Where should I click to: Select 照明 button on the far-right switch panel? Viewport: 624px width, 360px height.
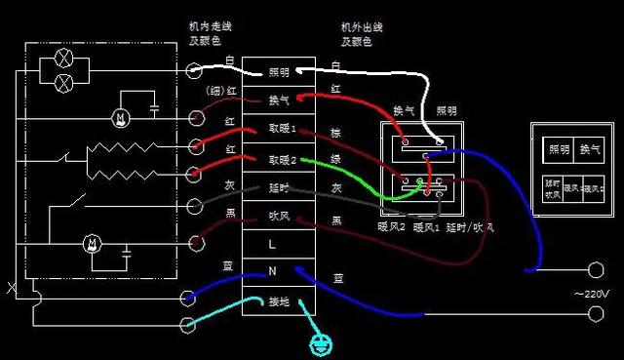[559, 149]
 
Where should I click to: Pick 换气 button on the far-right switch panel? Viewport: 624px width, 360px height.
[591, 149]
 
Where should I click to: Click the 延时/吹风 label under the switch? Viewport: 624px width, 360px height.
[470, 228]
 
